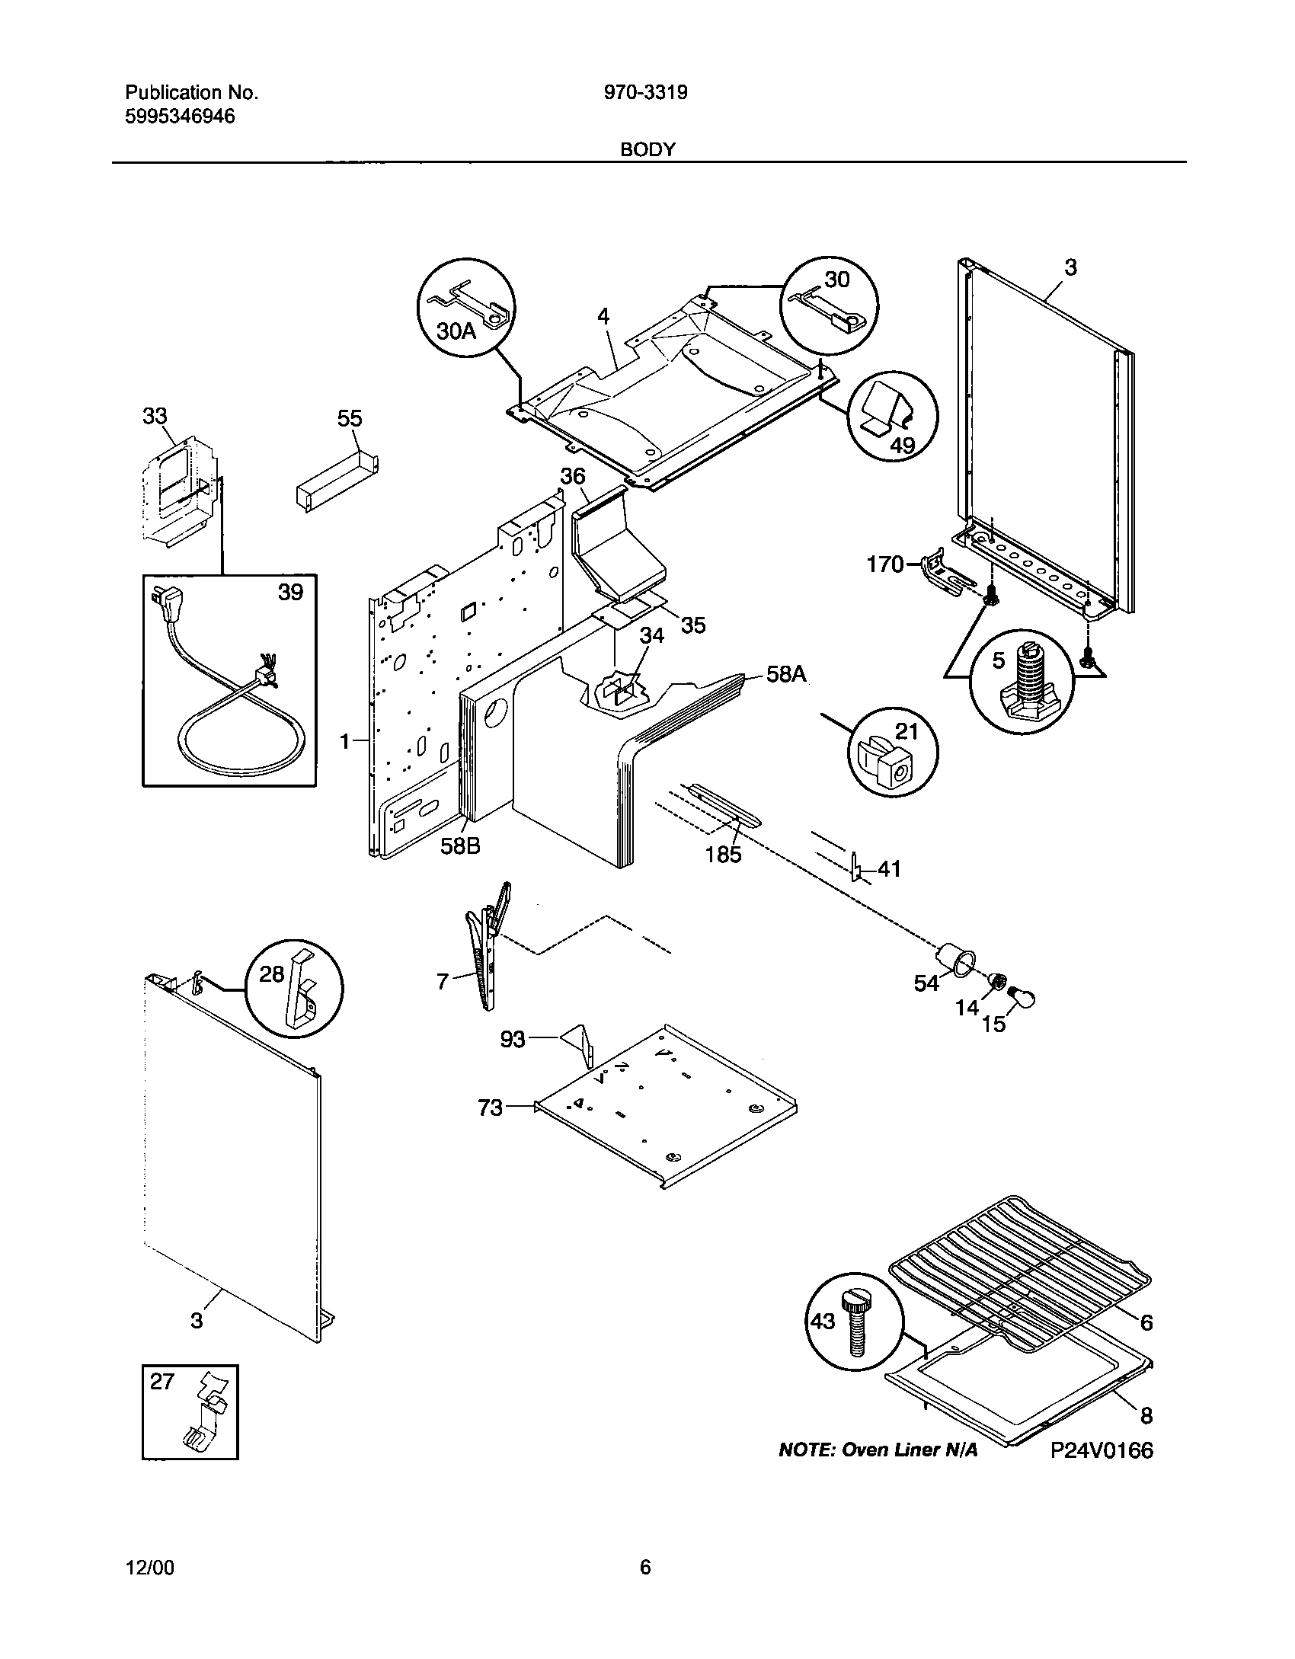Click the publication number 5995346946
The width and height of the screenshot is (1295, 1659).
[180, 117]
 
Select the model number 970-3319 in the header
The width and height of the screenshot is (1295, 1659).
[645, 93]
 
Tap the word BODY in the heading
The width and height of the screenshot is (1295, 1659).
[647, 150]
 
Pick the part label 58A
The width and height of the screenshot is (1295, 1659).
[787, 674]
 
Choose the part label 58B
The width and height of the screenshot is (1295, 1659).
[460, 846]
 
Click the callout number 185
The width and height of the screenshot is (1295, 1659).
[723, 854]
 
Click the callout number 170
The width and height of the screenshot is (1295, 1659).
[885, 564]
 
